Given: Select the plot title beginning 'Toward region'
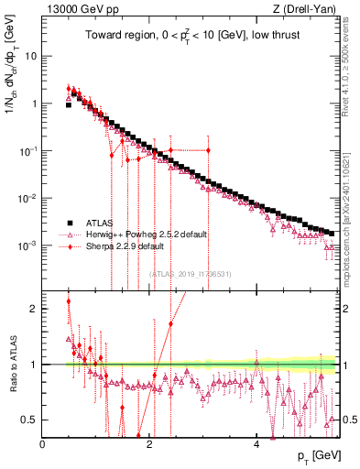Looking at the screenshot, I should (189, 35).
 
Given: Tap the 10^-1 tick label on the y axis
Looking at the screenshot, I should (29, 150).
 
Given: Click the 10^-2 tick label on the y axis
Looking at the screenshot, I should (29, 198).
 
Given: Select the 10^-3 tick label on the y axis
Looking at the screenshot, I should (29, 245).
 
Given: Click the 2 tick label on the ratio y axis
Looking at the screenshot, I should (34, 309).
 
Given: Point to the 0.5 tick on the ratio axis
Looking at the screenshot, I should (29, 420).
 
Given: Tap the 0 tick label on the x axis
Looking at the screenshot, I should (42, 444).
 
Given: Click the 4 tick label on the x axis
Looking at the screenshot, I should (256, 444).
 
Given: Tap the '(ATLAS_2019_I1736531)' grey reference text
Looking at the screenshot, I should (189, 273).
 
